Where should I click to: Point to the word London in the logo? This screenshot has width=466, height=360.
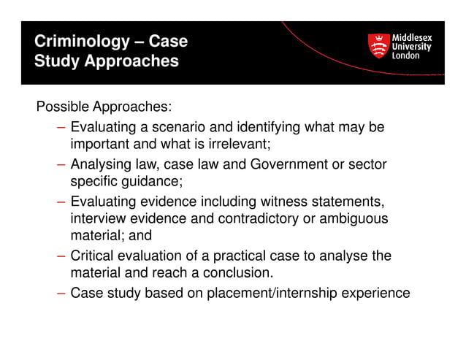coord(406,56)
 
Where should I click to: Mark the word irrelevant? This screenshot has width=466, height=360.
coord(237,144)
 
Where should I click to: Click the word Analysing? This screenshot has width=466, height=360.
coord(101,164)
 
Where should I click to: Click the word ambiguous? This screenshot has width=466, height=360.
coord(357,218)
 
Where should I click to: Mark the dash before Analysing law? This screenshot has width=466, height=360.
coord(61,164)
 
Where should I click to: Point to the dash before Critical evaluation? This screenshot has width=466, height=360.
coord(61,256)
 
